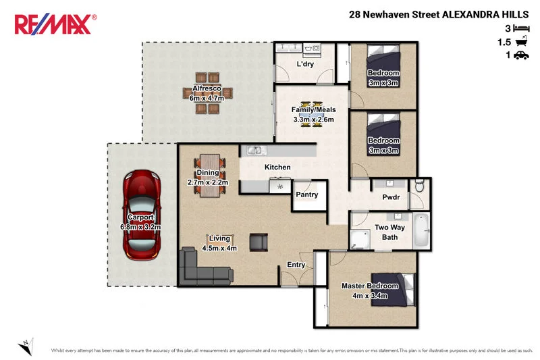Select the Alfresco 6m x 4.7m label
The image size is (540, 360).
coord(205,93)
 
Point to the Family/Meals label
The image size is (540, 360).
coord(313,115)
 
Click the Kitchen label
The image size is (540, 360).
coord(277,168)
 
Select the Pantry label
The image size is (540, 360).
coord(307,195)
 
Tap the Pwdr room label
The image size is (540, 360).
coord(391,198)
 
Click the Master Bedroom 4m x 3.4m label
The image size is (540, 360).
coord(369,290)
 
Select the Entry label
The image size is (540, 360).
coord(296,265)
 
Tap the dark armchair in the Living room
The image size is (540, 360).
coord(259,242)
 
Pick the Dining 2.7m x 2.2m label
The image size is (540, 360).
coord(208,178)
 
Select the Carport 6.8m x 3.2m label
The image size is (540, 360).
coord(140,223)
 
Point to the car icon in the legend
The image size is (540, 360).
coord(520,56)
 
